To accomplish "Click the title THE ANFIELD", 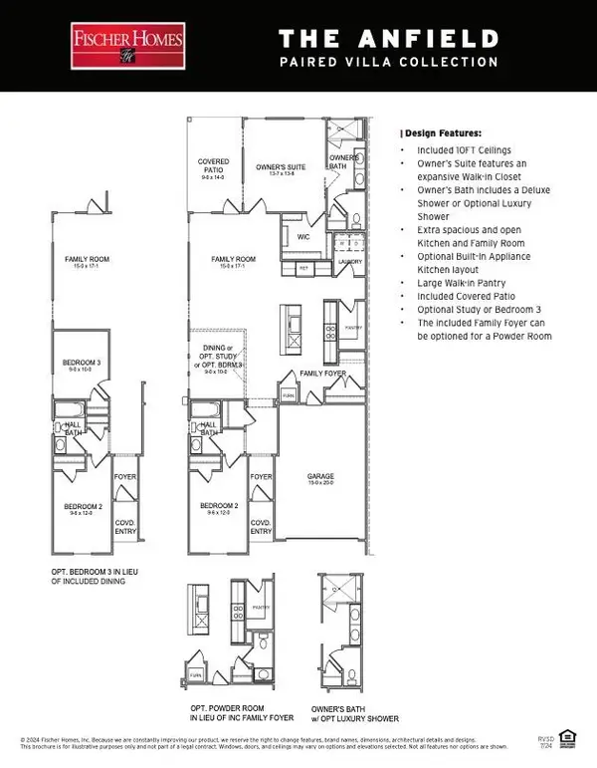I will point(387,39).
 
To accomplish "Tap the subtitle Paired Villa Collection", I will point(387,62).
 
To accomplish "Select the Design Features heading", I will point(441,132).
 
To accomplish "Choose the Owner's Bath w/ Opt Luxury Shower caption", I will point(356,712).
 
